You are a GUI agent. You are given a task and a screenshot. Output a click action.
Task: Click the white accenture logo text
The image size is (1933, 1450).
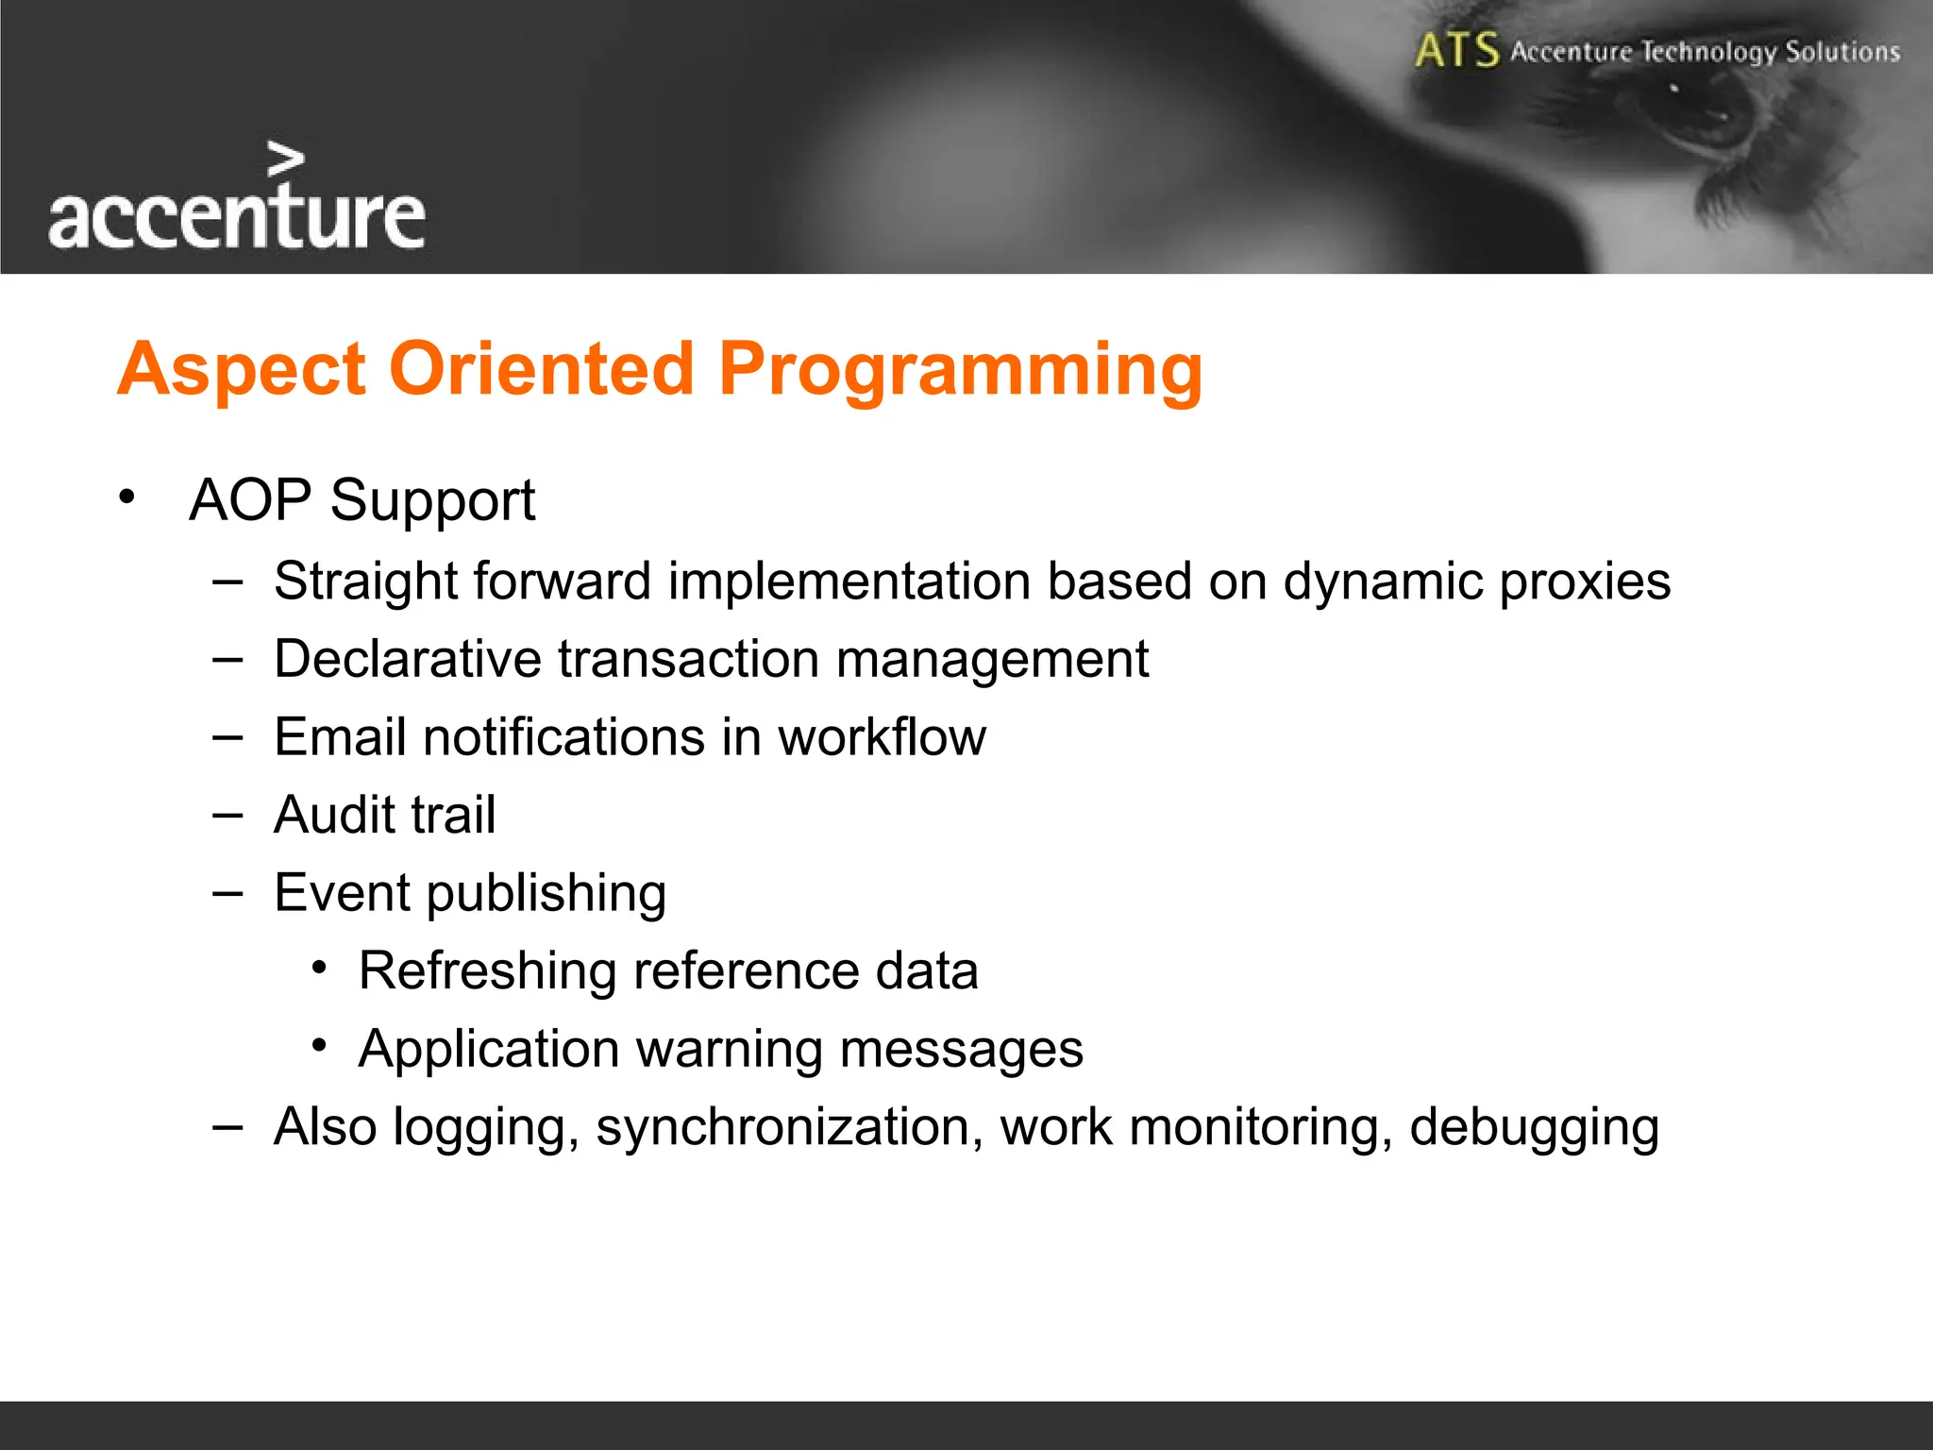coord(236,217)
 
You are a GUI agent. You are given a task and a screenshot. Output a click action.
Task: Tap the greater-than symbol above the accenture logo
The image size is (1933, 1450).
coord(285,160)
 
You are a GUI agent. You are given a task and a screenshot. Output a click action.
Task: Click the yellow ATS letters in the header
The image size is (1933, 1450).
coord(1456,50)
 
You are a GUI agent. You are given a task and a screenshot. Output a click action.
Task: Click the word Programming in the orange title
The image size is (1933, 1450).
coord(960,370)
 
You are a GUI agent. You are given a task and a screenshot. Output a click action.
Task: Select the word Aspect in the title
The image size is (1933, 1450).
coord(241,370)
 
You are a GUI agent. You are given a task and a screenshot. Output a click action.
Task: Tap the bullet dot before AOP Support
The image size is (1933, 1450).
coord(127,497)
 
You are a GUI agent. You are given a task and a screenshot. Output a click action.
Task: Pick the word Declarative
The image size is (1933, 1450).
coord(407,658)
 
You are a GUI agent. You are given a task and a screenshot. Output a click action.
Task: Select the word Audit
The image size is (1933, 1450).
coord(333,815)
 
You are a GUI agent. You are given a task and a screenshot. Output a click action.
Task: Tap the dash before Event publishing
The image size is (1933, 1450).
coord(227,892)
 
